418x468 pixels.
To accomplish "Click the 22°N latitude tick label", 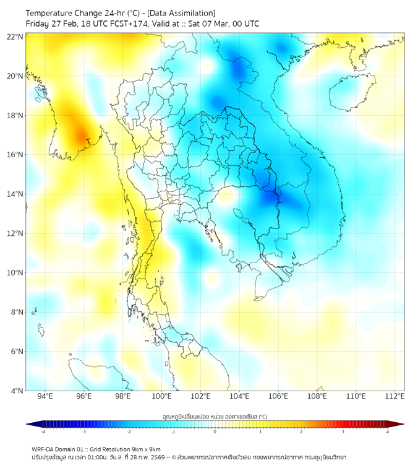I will (x=15, y=37).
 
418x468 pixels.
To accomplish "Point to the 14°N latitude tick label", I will (x=15, y=194).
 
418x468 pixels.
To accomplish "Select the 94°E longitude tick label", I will (x=45, y=397).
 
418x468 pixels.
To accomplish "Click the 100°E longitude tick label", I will (x=161, y=397).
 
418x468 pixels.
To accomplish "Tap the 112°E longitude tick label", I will (x=395, y=397).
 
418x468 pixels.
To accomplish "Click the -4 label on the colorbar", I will (x=43, y=432).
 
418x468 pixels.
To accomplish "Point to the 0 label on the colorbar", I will (x=215, y=432).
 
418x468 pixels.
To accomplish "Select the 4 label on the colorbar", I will (x=388, y=432).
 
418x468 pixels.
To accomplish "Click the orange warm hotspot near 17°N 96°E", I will (x=81, y=134).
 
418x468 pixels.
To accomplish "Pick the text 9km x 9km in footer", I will (x=145, y=449).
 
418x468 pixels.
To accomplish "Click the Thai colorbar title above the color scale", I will (x=215, y=417).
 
